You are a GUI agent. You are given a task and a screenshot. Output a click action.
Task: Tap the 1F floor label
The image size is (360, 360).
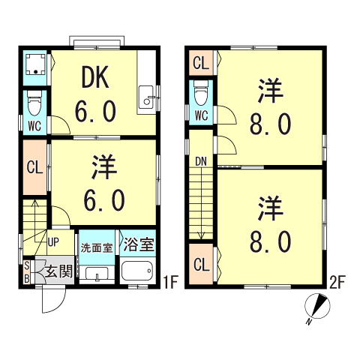tap(170, 283)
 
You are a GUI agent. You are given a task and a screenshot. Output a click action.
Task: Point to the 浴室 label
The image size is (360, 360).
tap(137, 244)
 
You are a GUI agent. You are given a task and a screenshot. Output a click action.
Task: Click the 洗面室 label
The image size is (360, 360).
tap(97, 246)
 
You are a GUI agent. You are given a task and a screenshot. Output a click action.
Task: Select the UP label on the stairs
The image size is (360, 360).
tap(54, 241)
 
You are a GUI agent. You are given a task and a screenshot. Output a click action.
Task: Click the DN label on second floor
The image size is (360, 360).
tap(201, 160)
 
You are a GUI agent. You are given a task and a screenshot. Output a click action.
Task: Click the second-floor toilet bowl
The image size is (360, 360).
tap(200, 94)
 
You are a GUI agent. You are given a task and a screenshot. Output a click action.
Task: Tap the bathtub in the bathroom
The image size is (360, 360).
tap(137, 270)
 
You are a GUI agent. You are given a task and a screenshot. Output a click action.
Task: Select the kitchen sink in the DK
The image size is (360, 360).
tap(148, 96)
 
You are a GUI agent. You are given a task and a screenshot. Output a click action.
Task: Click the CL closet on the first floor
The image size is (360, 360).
tap(34, 167)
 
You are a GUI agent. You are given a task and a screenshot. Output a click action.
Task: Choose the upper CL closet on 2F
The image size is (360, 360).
tap(200, 63)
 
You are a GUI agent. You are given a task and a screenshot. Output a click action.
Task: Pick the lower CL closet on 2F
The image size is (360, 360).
tap(200, 265)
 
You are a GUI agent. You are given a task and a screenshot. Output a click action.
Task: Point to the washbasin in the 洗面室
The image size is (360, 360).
tap(97, 273)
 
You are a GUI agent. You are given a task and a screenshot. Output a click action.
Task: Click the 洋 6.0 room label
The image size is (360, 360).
tap(103, 184)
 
